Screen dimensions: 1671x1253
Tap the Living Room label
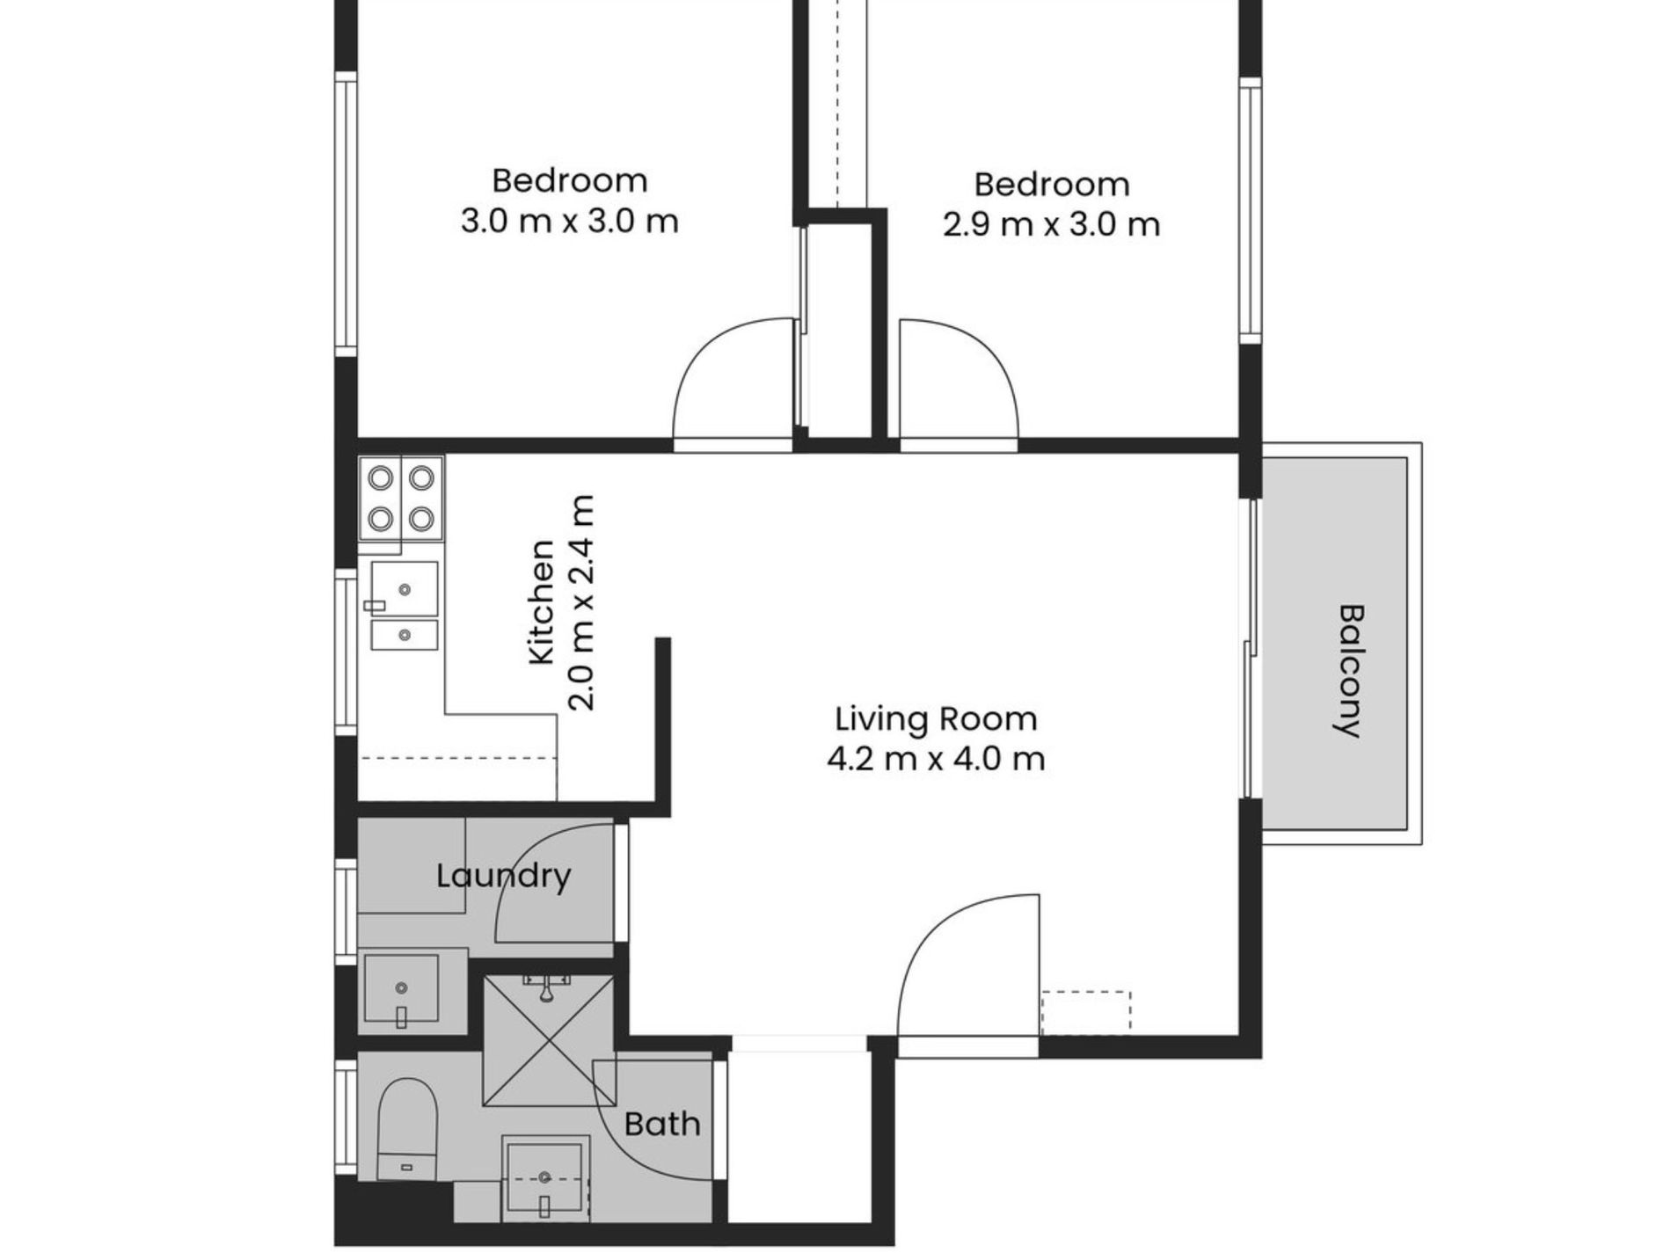(936, 719)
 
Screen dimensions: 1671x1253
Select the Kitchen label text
(543, 602)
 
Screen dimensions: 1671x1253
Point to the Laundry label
(504, 876)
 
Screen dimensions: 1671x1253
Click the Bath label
(662, 1124)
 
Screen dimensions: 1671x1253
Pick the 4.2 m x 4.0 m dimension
(936, 758)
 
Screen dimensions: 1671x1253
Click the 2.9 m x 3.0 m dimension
(1052, 225)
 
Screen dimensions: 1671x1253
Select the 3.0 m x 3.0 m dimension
(570, 221)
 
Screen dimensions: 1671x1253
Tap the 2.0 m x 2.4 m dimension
(582, 602)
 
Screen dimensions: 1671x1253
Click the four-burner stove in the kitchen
(401, 499)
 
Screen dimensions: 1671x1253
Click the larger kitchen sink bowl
(404, 588)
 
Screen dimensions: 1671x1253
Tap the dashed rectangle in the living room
(1086, 1012)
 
